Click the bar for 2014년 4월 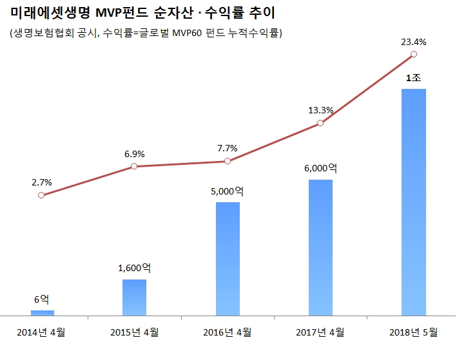(42, 313)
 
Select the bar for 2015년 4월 (134, 298)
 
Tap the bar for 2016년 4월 (228, 259)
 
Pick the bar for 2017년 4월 (320, 247)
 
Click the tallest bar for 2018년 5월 (413, 202)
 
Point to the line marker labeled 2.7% (41, 195)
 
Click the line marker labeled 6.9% (134, 167)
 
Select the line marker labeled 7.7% (228, 162)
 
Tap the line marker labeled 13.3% (320, 123)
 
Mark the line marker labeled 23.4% (413, 55)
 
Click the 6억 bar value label (41, 299)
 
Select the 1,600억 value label (134, 269)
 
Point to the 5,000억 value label (228, 191)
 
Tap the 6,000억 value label (320, 168)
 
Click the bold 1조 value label (413, 78)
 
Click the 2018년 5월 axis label (413, 332)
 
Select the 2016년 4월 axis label (228, 332)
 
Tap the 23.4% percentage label (413, 43)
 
